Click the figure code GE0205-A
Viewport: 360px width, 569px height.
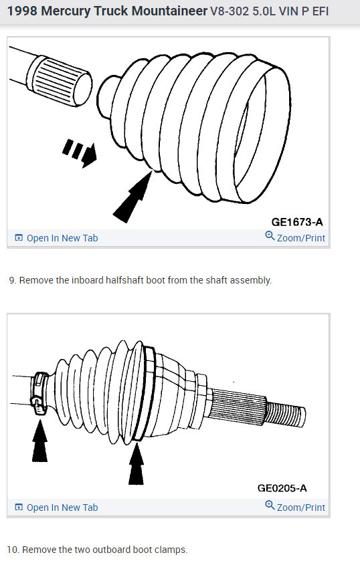[x=282, y=488]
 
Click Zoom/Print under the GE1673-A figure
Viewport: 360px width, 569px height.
[x=295, y=237]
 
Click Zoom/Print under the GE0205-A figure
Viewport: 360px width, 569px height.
[x=295, y=507]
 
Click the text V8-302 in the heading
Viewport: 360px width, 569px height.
[x=231, y=12]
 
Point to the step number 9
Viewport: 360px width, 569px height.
[x=12, y=280]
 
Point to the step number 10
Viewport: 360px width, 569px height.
[x=13, y=550]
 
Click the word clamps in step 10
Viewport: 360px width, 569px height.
[x=171, y=550]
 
